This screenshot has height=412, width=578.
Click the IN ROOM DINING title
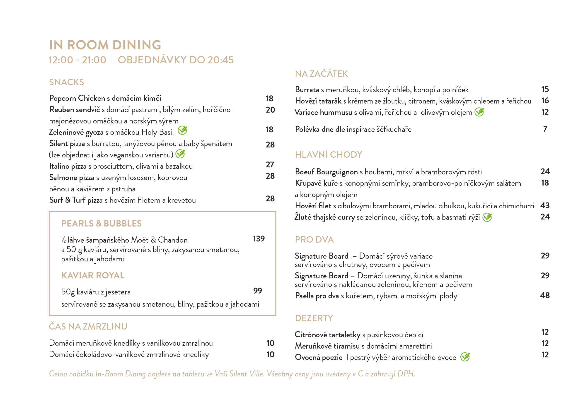pyautogui.click(x=105, y=45)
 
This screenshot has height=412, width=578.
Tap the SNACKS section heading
pyautogui.click(x=66, y=82)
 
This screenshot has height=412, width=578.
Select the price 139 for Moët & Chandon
pyautogui.click(x=259, y=239)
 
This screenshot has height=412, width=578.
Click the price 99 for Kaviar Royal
pyautogui.click(x=258, y=291)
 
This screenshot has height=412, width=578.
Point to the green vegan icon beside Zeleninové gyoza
pyautogui.click(x=182, y=130)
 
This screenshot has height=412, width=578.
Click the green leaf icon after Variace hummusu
pyautogui.click(x=479, y=112)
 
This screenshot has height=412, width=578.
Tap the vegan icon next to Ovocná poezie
pyautogui.click(x=465, y=357)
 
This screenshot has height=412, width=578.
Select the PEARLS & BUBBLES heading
pyautogui.click(x=101, y=224)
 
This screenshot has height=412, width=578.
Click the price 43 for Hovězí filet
pyautogui.click(x=545, y=205)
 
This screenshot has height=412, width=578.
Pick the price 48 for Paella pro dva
pyautogui.click(x=545, y=295)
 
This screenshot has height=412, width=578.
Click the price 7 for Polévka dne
pyautogui.click(x=545, y=129)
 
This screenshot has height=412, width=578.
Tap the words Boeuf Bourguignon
pyautogui.click(x=326, y=172)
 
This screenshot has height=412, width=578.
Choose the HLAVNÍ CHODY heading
pyautogui.click(x=328, y=154)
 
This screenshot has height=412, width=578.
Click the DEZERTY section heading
pyautogui.click(x=314, y=318)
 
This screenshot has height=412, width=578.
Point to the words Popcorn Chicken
pyautogui.click(x=77, y=98)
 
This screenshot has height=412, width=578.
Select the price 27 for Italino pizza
pyautogui.click(x=270, y=165)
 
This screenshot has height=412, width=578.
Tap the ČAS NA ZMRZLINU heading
pyautogui.click(x=88, y=327)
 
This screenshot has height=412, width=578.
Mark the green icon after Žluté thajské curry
pyautogui.click(x=487, y=217)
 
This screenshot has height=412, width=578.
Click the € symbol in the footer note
pyautogui.click(x=360, y=374)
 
